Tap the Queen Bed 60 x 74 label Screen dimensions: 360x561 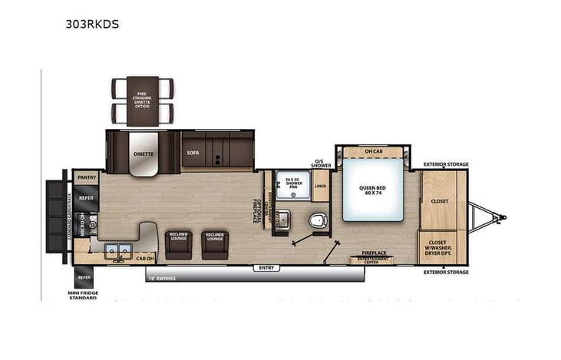coord(372,188)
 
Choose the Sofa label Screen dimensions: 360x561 coord(193,152)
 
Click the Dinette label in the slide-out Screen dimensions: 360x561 coord(144,154)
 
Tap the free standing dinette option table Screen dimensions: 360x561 coord(143,101)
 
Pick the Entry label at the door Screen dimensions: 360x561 coord(266,267)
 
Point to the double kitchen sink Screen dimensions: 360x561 coord(118,249)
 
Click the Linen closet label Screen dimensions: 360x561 coord(320,186)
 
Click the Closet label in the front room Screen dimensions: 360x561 coord(440,201)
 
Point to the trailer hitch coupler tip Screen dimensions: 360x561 coord(503,218)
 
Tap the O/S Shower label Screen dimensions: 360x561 coord(321,163)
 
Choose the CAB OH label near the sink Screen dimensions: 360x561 coord(145,258)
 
